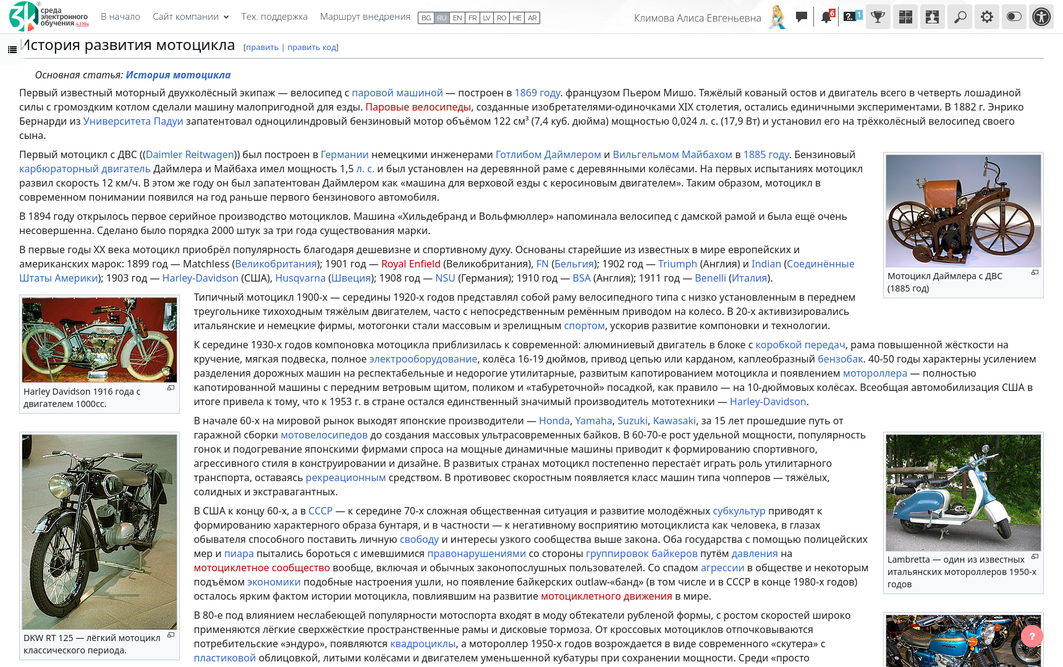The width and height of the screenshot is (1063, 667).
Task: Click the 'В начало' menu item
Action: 120,17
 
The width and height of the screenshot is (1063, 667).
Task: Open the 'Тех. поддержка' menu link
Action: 274,17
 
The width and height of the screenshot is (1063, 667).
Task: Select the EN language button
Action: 457,18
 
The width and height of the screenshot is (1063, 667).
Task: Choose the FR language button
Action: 472,18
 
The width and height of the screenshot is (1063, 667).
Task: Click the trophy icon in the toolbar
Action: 878,17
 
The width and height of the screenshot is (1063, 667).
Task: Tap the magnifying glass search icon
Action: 960,17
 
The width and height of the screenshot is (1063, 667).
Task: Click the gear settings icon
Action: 987,17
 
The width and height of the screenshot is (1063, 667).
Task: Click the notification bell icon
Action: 826,17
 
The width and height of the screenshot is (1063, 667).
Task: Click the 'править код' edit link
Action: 312,48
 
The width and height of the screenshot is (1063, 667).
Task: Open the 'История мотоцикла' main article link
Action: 178,75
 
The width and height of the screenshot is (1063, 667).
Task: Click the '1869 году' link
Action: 537,93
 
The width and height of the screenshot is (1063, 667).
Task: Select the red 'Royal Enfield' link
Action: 410,264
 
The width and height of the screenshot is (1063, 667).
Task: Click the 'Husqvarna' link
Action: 300,278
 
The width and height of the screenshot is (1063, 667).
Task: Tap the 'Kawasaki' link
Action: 674,421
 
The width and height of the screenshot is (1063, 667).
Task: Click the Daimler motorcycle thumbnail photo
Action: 963,211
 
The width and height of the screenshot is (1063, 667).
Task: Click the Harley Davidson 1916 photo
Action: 100,340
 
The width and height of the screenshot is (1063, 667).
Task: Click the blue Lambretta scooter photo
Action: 963,492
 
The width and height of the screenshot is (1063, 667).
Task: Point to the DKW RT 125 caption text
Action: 91,644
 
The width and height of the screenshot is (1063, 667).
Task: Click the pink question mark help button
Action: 1031,636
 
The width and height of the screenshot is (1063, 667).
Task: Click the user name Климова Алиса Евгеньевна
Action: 697,18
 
